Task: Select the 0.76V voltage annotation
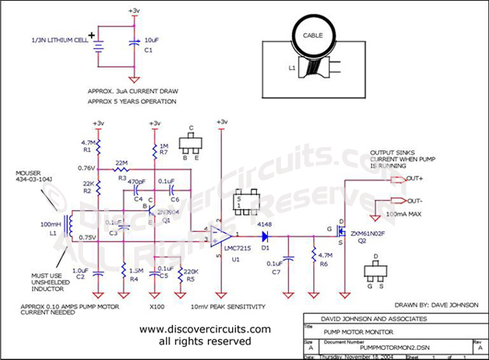point(85,167)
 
